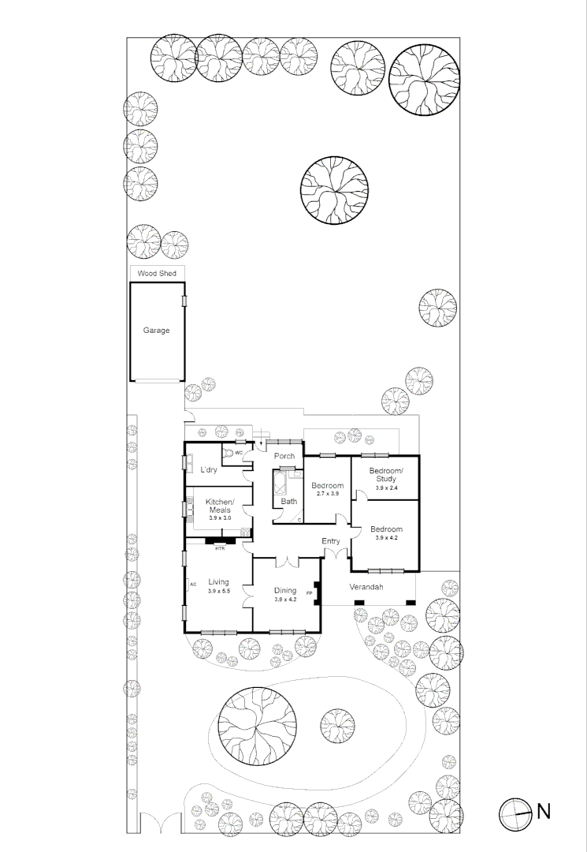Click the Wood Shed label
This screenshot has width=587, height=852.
pos(156,273)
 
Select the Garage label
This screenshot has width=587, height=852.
pos(156,331)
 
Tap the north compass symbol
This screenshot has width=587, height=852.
pos(515,812)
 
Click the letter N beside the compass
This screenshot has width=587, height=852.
pos(544,811)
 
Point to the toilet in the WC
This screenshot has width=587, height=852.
pos(228,454)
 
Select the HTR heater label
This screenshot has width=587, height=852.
pos(220,547)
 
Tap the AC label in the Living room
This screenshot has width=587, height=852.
pos(191,585)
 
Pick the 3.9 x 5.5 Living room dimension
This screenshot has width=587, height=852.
pos(218,592)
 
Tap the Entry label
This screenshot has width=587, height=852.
pos(331,541)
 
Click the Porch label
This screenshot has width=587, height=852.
pos(284,456)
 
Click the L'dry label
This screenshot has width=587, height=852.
pos(208,470)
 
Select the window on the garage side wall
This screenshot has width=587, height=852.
pos(185,301)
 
